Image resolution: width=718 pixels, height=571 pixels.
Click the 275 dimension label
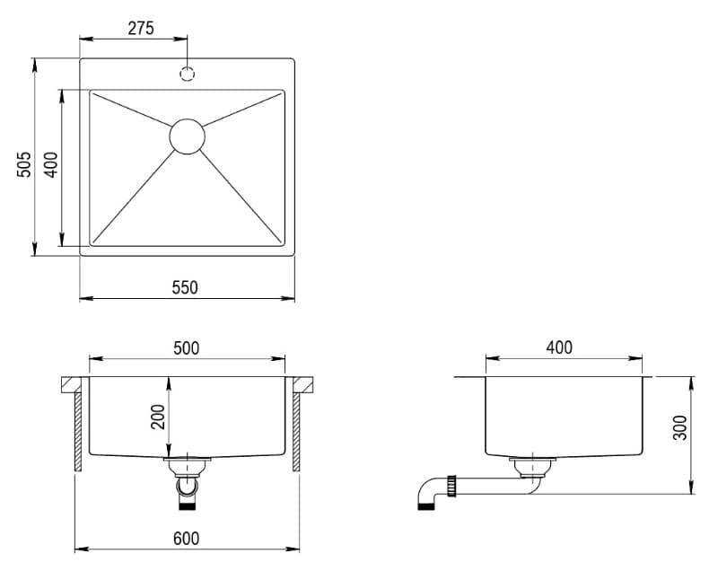141,29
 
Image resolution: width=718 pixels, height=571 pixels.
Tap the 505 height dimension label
24,164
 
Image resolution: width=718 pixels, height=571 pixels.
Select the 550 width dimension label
185,287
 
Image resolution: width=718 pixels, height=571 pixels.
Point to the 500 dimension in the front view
187,348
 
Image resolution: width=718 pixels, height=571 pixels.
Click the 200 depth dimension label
158,417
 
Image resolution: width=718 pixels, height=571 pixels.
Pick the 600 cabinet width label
187,539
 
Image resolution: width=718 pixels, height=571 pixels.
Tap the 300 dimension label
680,427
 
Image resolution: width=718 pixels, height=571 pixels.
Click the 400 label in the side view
559,348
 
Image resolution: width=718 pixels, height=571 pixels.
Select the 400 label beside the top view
51,164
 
